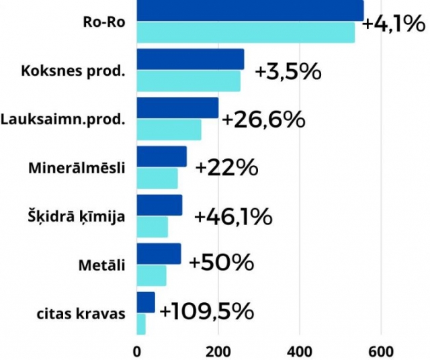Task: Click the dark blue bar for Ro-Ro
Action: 250,11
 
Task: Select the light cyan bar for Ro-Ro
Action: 245,32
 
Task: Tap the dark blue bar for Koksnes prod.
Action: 190,59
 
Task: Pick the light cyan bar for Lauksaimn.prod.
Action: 169,130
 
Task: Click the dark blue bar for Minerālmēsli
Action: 161,156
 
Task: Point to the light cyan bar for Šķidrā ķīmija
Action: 152,227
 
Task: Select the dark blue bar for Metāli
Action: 159,254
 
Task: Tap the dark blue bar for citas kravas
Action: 146,302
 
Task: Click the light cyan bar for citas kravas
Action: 141,324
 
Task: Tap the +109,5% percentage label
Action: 207,312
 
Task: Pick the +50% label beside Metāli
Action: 222,263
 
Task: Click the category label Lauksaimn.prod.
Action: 63,120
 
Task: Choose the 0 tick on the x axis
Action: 137,351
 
